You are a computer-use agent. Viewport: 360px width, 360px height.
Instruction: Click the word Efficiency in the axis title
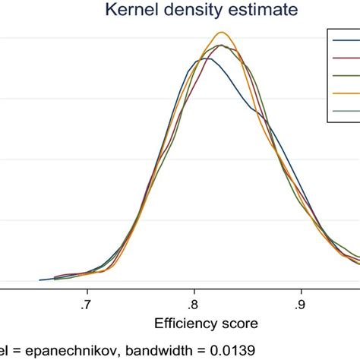click(185, 323)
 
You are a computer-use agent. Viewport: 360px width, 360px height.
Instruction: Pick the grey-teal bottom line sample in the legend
click(346, 112)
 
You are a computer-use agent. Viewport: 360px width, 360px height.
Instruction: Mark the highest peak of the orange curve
click(222, 32)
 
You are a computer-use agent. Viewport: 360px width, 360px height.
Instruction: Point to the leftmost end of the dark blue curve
click(40, 280)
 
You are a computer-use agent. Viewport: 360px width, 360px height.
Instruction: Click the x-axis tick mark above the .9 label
click(302, 287)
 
